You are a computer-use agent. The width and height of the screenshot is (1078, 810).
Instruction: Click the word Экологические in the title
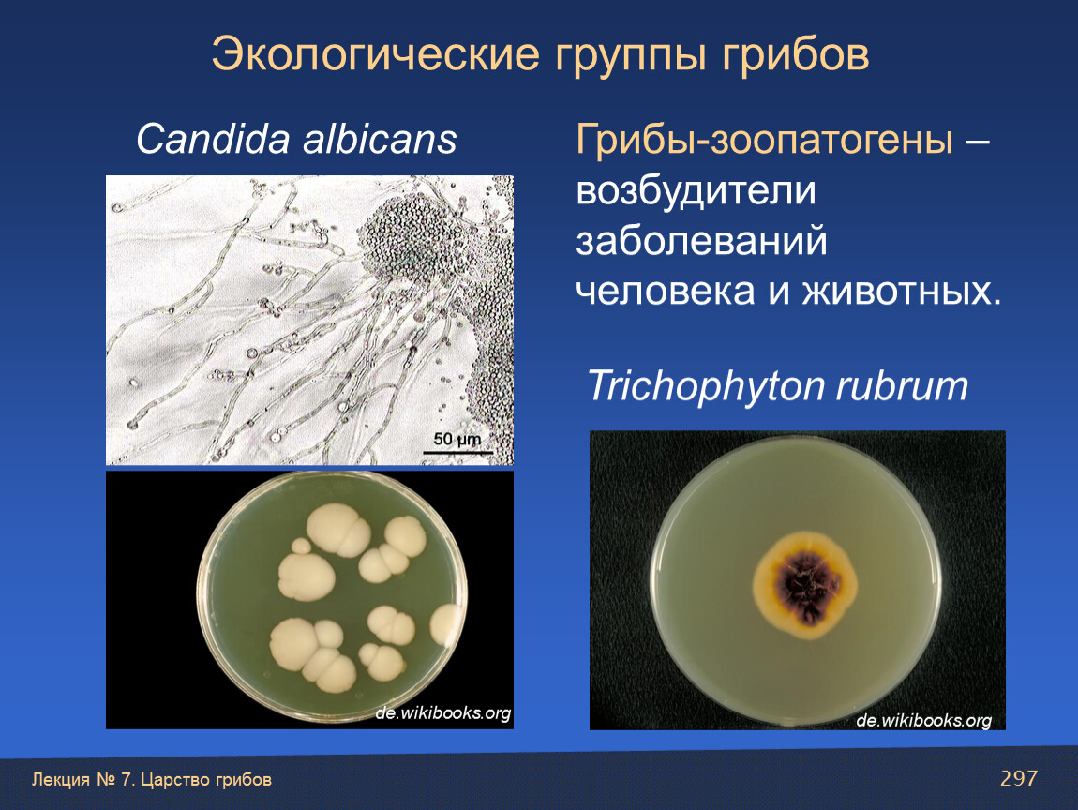375,54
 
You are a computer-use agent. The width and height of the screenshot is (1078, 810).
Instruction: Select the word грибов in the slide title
796,54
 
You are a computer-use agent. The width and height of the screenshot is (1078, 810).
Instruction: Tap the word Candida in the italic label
213,139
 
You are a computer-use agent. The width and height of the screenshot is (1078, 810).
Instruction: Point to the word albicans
381,139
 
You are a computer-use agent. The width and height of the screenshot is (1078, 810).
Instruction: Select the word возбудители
696,190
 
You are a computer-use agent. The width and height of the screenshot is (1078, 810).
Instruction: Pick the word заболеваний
701,241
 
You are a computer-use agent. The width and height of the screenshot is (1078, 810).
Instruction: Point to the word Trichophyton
705,387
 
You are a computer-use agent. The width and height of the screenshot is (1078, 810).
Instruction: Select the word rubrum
902,387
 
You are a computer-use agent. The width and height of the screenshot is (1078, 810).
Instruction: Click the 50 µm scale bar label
457,439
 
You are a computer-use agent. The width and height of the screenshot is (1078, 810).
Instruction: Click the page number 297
1019,778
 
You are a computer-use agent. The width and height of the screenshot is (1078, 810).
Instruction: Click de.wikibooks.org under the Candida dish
442,713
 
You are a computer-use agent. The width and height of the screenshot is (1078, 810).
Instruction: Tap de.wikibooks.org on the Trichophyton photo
924,720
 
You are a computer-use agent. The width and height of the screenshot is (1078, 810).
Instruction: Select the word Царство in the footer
175,780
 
